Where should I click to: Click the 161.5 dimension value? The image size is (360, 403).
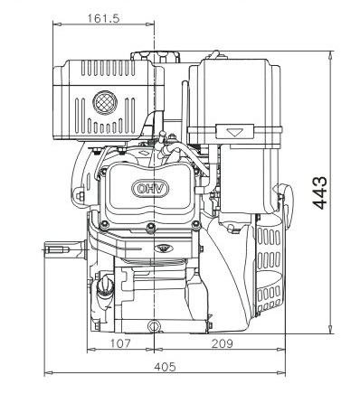(x=103, y=19)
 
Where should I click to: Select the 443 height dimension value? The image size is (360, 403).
(x=319, y=192)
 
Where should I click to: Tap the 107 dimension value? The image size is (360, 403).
(x=120, y=343)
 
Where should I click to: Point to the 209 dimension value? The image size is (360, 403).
(x=223, y=343)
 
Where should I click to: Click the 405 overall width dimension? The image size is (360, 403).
(x=165, y=367)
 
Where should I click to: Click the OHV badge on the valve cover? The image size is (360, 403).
(x=150, y=189)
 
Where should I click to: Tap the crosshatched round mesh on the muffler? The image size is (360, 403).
(x=105, y=102)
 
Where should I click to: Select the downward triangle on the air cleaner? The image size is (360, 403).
(x=235, y=132)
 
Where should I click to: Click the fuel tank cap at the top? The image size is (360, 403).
(x=155, y=57)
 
